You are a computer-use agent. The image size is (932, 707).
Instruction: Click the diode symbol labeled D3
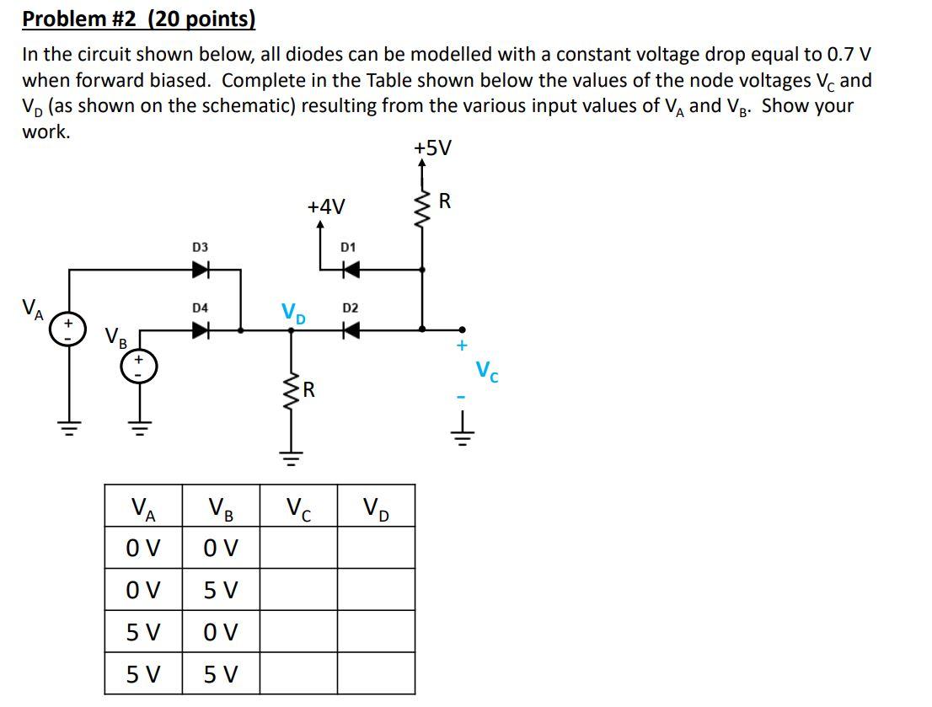[200, 270]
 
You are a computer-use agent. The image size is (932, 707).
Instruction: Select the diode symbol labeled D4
[200, 330]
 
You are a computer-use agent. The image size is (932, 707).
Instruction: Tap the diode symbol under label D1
[348, 270]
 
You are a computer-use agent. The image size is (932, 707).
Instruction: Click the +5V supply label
[432, 148]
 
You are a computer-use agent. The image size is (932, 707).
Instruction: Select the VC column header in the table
[298, 508]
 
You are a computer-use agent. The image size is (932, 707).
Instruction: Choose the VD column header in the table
[376, 508]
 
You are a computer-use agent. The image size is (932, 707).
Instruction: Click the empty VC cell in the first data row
[298, 548]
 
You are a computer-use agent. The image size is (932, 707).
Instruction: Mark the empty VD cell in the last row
[376, 674]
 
